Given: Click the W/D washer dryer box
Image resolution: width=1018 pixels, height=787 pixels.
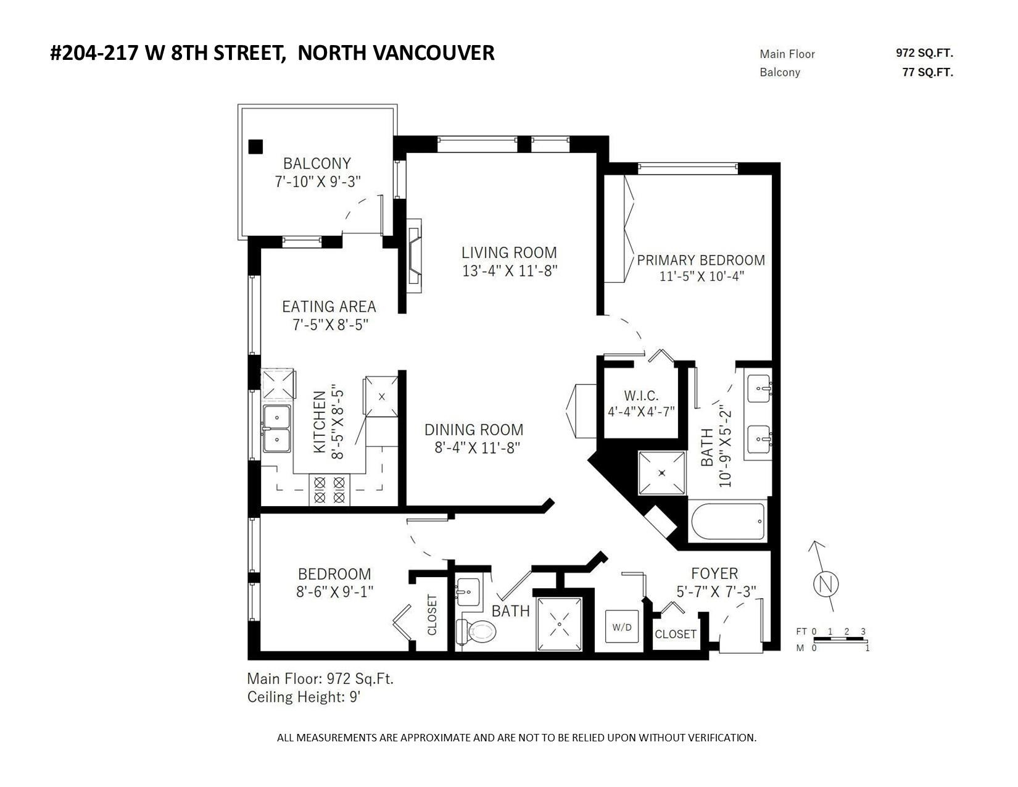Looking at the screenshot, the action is tap(622, 627).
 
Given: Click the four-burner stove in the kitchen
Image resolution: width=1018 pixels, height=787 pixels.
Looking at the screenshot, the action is tap(329, 489).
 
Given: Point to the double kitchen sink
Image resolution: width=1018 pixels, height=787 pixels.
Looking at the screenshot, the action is tap(277, 428).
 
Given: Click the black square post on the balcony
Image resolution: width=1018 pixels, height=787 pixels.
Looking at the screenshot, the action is tap(255, 147).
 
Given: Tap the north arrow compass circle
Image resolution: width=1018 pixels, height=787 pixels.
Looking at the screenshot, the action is tap(826, 585).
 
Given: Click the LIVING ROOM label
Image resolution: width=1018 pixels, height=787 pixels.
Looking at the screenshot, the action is tap(509, 252).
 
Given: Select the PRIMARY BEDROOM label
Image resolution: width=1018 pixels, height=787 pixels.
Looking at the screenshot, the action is tap(701, 260).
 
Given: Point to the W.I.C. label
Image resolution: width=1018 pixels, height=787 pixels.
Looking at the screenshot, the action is tap(641, 395).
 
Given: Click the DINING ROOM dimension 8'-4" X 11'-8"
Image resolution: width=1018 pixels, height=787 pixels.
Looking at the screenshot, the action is tap(478, 448).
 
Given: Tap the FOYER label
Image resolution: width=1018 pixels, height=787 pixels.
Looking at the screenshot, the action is tap(714, 573).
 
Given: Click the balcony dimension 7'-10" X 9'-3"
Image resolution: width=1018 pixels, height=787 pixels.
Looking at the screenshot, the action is tap(318, 181).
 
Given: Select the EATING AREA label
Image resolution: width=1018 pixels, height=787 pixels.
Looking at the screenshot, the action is tap(329, 307).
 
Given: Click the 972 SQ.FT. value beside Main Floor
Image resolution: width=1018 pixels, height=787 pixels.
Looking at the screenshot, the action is tap(924, 53).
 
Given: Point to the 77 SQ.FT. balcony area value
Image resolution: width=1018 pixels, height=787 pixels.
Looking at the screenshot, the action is tap(927, 73).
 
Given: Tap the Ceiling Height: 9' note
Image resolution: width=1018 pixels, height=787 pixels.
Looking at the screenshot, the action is tap(304, 697).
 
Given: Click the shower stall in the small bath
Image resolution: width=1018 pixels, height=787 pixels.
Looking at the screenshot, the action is tap(560, 624).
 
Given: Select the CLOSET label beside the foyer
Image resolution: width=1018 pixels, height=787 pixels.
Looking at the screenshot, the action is tap(675, 634).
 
